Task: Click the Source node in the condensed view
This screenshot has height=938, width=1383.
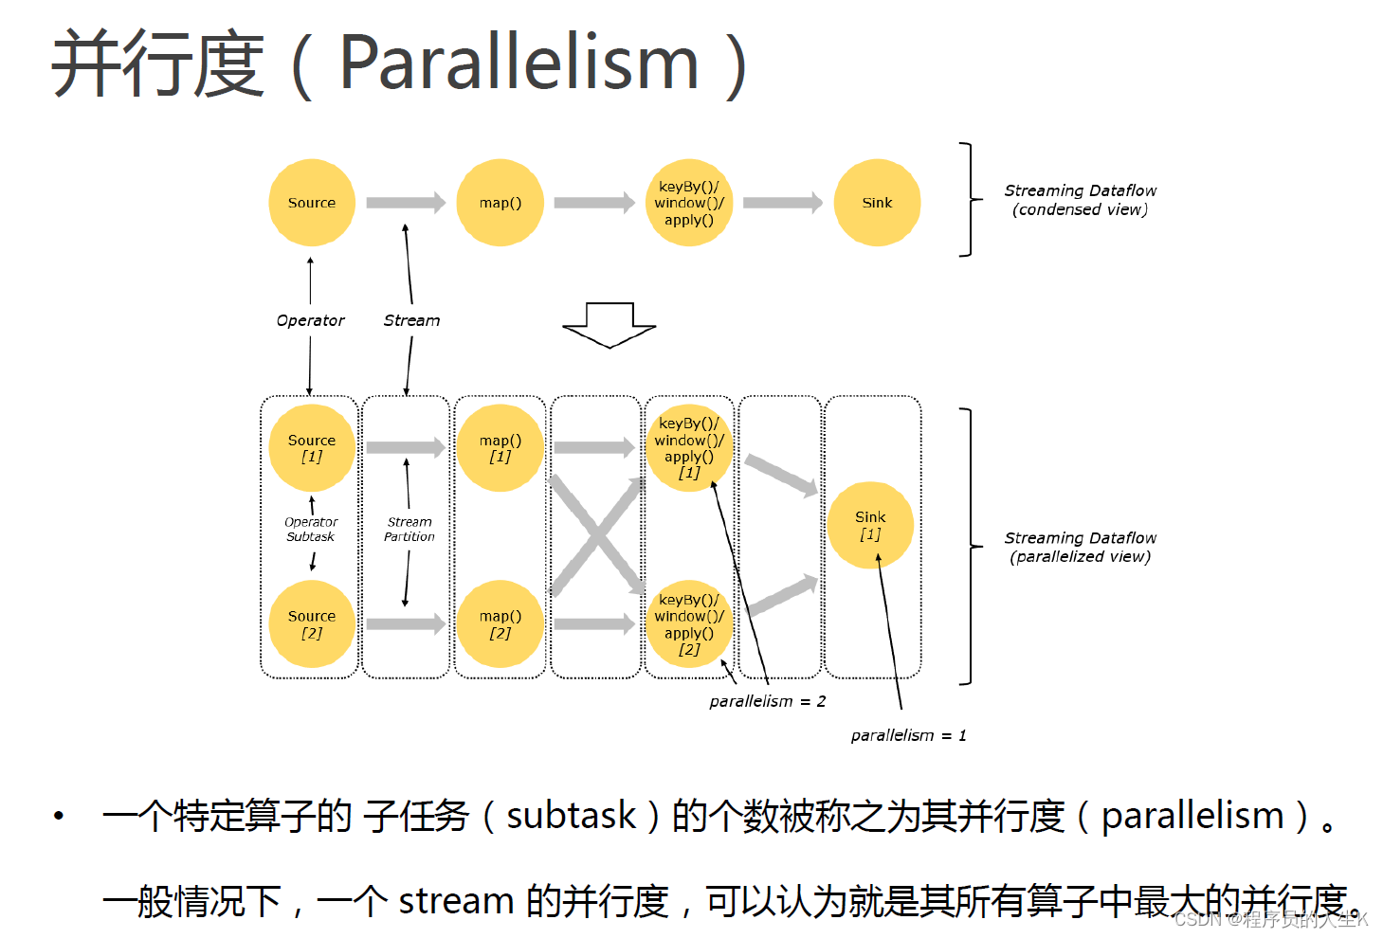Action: coord(312,203)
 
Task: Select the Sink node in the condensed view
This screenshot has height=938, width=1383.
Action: coord(877,203)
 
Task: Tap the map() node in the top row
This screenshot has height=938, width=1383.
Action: coord(500,203)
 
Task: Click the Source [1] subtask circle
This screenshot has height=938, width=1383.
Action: coord(312,448)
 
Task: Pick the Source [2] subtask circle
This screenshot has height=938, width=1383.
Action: coord(312,623)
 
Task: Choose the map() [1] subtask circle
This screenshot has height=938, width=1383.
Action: coord(500,448)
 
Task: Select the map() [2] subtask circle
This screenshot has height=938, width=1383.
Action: coord(500,623)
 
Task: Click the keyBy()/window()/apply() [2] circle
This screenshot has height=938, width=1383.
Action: coord(689,623)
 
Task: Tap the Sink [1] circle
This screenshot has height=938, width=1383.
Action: coord(870,525)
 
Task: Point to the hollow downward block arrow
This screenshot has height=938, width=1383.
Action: coord(610,325)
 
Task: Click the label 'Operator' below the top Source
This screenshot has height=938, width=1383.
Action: coord(310,320)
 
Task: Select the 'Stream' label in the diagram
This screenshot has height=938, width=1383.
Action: coord(411,320)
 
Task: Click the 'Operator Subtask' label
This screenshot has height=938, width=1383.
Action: coord(311,529)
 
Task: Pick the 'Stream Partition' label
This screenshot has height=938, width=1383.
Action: coord(409,529)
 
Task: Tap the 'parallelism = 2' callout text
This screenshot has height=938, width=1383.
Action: coord(767,701)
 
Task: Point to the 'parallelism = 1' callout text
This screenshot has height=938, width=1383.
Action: coord(908,735)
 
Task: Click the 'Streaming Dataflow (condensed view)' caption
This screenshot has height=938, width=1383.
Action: coord(1080,200)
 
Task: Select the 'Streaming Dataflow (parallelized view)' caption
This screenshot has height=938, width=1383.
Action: coord(1080,547)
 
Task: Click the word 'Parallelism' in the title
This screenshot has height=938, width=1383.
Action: coord(519,63)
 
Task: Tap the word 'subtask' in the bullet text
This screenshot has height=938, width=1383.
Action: coord(571,815)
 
